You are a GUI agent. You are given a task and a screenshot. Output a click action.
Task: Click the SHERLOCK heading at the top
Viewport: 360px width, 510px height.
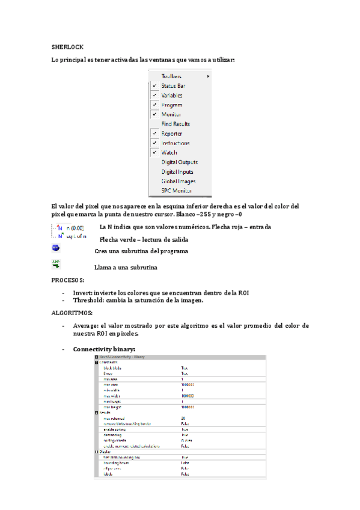click(x=67, y=46)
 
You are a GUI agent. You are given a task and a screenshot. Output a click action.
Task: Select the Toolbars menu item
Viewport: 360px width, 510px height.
click(x=171, y=76)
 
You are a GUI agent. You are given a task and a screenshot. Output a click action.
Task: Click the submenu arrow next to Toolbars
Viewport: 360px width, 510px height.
click(x=209, y=76)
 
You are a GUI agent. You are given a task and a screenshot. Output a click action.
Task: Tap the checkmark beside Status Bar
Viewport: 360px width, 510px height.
click(x=154, y=86)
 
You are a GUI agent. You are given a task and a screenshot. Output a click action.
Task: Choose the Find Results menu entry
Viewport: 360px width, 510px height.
click(x=175, y=124)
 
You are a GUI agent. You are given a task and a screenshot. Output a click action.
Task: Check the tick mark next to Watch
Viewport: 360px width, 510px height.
click(x=154, y=153)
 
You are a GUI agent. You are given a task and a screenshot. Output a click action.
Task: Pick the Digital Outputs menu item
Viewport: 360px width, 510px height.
click(x=179, y=162)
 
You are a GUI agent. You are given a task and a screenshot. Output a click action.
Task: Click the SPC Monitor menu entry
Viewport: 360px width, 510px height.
click(x=177, y=191)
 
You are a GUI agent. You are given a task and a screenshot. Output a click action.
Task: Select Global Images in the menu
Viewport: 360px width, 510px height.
click(x=178, y=181)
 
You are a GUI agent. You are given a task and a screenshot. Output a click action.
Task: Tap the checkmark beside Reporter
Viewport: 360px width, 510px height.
click(x=154, y=134)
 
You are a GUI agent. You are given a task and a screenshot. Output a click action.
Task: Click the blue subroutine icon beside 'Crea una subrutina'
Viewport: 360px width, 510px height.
click(x=56, y=248)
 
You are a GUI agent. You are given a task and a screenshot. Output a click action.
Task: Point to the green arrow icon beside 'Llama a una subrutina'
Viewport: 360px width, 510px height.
click(x=56, y=263)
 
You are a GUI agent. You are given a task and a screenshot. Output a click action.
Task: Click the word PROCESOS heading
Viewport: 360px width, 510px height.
click(x=68, y=281)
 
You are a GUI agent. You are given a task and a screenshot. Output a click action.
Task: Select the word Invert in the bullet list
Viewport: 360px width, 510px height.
click(x=83, y=292)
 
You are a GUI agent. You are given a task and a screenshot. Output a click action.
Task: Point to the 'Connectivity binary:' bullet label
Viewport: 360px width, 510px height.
click(x=104, y=349)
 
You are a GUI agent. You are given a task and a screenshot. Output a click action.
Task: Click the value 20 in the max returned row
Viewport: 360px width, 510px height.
click(x=183, y=417)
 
